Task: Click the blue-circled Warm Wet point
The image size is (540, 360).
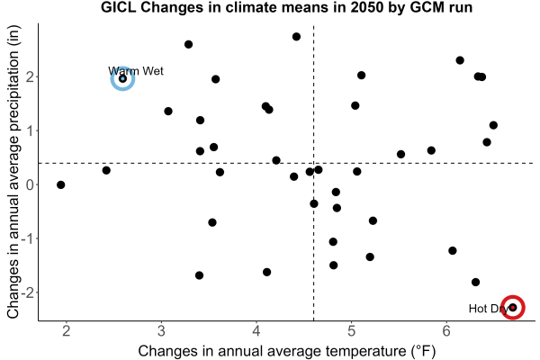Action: [x=122, y=78]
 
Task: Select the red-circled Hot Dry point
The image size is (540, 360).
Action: [x=513, y=307]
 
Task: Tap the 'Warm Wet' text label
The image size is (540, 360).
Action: [x=136, y=71]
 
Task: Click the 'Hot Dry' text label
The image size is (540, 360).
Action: [x=489, y=309]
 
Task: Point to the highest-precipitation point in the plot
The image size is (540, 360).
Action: [x=296, y=37]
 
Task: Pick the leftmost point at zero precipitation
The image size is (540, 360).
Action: [x=60, y=185]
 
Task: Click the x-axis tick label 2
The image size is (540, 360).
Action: [x=66, y=331]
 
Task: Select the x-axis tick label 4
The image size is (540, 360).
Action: [x=256, y=331]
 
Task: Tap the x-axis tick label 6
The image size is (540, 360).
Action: [x=446, y=331]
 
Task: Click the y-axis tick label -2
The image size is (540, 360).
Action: [x=28, y=292]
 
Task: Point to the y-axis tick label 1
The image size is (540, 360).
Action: [x=31, y=130]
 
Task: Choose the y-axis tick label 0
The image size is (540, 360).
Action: [x=31, y=185]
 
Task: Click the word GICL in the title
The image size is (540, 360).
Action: [x=118, y=7]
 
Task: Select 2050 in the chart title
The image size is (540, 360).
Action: [x=365, y=7]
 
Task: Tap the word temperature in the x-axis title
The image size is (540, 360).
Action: [x=366, y=351]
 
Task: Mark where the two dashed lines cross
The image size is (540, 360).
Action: [x=313, y=163]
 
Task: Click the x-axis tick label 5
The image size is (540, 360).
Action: [x=351, y=331]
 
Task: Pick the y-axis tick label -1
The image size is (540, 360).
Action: [x=28, y=238]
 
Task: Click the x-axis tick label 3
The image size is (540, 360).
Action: [x=161, y=331]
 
